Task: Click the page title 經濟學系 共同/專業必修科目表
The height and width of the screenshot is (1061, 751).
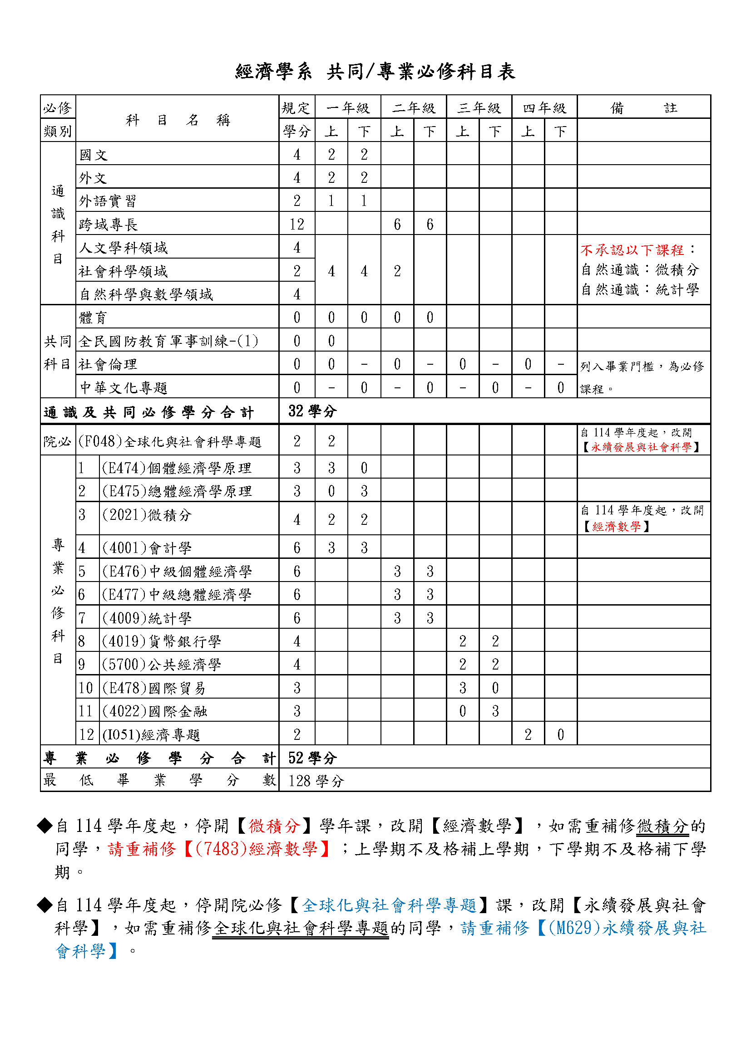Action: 375,72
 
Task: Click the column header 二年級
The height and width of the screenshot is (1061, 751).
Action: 414,108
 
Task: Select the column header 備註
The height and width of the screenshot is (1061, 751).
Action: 643,108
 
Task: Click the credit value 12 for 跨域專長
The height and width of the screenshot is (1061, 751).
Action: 297,225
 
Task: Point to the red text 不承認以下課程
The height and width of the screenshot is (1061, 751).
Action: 632,250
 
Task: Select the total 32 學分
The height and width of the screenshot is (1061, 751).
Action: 312,411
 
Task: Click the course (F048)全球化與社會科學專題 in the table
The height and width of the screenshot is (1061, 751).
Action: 170,442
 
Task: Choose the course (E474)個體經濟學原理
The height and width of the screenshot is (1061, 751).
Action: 177,468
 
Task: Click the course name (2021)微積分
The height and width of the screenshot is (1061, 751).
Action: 147,515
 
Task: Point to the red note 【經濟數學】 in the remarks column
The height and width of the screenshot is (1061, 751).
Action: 617,527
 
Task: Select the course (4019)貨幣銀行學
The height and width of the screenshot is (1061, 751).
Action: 161,641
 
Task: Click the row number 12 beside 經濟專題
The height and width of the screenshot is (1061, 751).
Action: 86,735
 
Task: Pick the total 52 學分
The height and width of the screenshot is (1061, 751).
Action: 312,758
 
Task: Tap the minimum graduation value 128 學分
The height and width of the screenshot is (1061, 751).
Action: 316,782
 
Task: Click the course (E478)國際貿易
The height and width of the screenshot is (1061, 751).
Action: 154,688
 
